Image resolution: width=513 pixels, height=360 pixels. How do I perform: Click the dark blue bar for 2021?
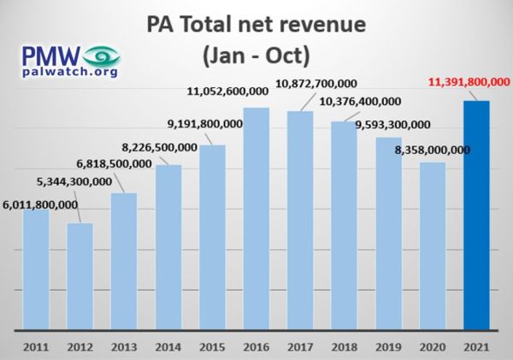click(x=476, y=215)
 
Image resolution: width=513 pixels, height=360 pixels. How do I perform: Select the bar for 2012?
click(x=80, y=276)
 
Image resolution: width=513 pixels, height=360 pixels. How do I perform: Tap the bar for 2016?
click(x=256, y=219)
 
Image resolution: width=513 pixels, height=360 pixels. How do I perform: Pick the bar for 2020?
click(x=433, y=245)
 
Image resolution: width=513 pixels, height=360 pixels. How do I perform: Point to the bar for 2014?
click(x=168, y=247)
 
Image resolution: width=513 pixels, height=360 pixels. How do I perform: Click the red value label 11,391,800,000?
click(x=469, y=82)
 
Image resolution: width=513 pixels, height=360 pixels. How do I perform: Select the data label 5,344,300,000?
click(x=74, y=181)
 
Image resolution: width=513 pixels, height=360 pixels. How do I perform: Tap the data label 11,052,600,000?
click(x=227, y=91)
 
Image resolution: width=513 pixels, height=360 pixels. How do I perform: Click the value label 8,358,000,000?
click(x=433, y=150)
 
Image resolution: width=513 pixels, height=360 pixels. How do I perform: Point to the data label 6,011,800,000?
click(x=40, y=205)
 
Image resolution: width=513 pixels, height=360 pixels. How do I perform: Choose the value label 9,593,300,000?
click(x=393, y=125)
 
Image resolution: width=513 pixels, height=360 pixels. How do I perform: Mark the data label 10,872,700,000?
click(x=316, y=84)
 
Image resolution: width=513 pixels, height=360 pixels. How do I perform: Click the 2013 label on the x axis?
click(x=124, y=347)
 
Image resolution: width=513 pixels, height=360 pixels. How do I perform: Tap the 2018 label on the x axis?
click(x=345, y=347)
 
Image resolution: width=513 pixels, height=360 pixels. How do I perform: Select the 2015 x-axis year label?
click(x=212, y=347)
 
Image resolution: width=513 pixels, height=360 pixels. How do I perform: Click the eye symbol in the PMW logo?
click(x=102, y=56)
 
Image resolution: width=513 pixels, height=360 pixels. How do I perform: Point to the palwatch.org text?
click(x=70, y=72)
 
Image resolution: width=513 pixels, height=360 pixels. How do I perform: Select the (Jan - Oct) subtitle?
click(x=256, y=56)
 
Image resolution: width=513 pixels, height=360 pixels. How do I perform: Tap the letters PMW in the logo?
click(x=51, y=56)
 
